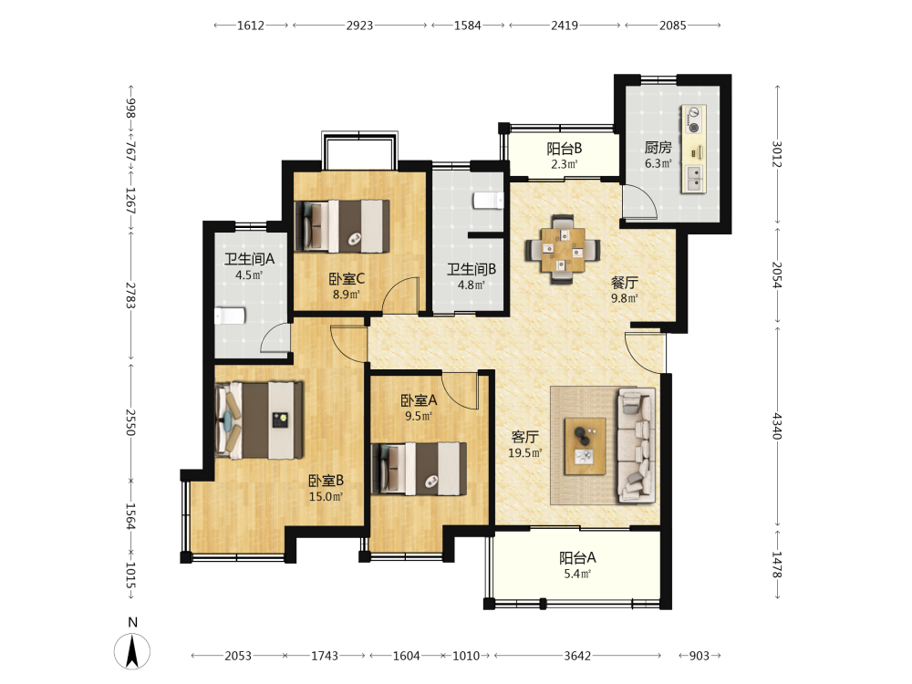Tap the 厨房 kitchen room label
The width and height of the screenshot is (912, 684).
point(658,148)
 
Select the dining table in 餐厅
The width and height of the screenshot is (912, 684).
point(563,250)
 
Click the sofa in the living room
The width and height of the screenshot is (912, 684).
point(636,445)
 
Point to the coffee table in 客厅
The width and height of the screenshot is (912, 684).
point(586,446)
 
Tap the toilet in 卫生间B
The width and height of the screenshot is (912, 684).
point(488,200)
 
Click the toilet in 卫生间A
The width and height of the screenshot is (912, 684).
point(231,316)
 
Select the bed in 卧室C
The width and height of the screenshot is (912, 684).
point(342,226)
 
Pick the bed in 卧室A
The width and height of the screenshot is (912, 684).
point(419,469)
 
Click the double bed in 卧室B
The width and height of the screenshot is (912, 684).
point(259,420)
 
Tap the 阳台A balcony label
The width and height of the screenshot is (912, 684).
point(577,558)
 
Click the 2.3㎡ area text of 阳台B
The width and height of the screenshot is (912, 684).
point(565,164)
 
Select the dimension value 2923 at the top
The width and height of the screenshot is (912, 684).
point(359,25)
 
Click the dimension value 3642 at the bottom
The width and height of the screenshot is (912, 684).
point(577,656)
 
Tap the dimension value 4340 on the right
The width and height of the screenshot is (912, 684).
point(777,426)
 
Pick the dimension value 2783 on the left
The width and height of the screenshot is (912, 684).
point(130,295)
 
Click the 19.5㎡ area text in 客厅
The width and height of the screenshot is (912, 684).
point(525,452)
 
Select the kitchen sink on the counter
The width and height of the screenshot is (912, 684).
point(694,179)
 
